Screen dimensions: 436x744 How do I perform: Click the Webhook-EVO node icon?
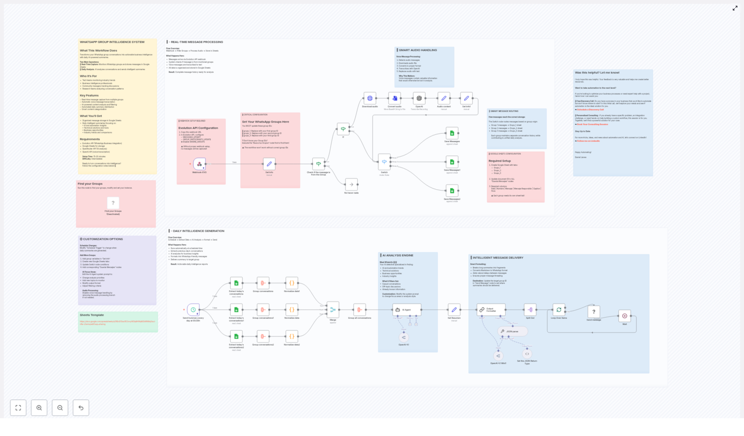tap(199, 164)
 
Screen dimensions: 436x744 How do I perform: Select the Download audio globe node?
tap(370, 98)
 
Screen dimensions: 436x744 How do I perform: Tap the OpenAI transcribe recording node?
tap(419, 98)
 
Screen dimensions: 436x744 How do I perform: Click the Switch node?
tap(384, 162)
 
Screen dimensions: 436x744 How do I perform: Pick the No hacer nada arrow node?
tap(352, 185)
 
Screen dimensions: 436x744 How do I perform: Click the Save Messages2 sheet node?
tap(452, 191)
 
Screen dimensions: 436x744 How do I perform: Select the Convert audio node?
tap(394, 98)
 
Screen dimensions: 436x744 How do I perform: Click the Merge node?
tap(333, 310)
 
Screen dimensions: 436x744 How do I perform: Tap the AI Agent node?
tap(406, 310)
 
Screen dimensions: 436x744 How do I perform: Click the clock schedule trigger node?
tap(193, 310)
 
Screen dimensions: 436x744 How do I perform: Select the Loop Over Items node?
tap(558, 310)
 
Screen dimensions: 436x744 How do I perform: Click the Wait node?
tap(624, 316)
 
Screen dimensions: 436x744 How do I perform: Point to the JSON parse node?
tap(512, 331)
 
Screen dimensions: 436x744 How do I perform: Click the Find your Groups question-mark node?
tap(113, 203)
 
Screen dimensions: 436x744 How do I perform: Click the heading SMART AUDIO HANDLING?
tap(418, 50)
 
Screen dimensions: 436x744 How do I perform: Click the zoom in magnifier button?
tap(39, 408)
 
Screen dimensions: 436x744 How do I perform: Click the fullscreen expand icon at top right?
tap(735, 8)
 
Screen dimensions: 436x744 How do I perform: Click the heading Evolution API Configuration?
tap(198, 128)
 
